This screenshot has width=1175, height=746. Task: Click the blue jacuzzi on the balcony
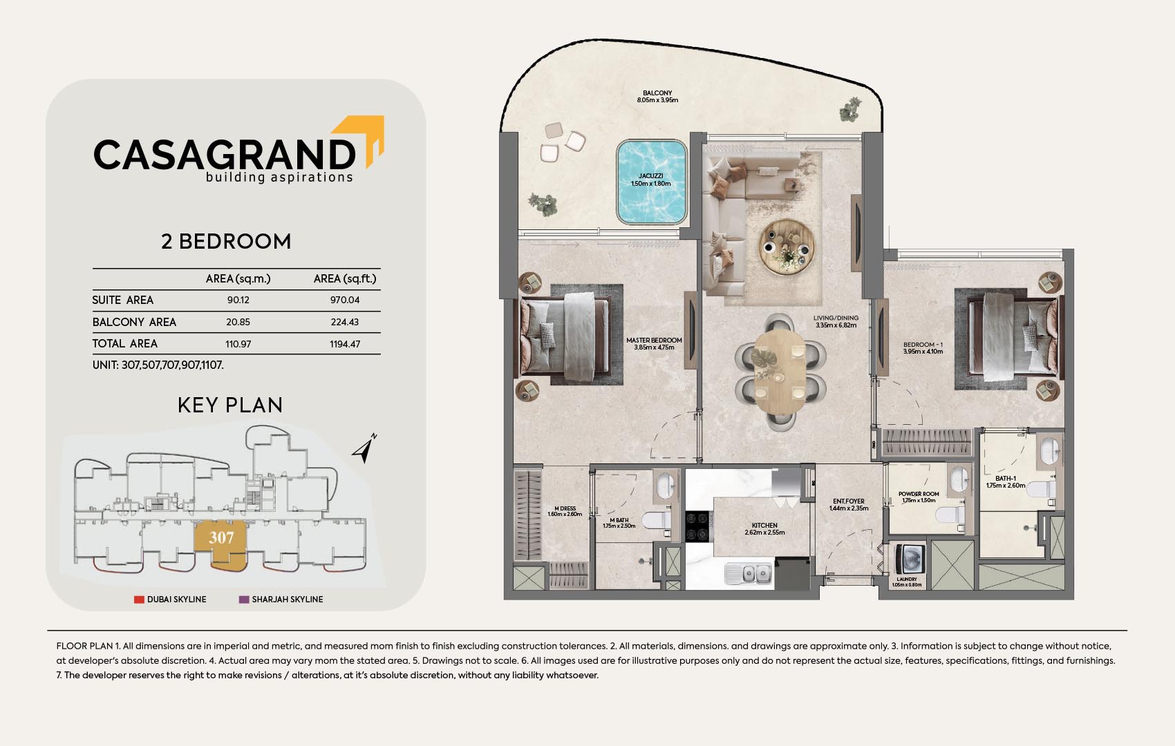[652, 182]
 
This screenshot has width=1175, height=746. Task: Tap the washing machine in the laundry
[910, 559]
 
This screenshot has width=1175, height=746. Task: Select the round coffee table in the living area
[787, 247]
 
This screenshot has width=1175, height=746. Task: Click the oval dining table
[780, 371]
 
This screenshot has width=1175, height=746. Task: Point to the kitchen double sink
[749, 574]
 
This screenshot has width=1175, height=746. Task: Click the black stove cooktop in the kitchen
[698, 526]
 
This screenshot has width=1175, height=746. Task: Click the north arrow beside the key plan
[364, 449]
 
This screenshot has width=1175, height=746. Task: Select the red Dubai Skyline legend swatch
[139, 599]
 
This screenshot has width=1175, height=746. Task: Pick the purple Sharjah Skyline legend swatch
[244, 599]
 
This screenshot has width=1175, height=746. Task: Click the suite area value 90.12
[238, 300]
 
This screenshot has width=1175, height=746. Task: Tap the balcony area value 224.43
[345, 322]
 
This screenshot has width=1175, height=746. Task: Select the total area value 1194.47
[345, 344]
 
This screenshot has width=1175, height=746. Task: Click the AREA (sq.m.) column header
[238, 279]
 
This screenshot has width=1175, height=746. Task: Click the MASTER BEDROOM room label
[654, 341]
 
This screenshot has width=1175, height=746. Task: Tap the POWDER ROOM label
[919, 494]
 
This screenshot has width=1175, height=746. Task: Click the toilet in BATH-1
[1041, 490]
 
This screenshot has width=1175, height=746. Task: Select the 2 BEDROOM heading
[226, 242]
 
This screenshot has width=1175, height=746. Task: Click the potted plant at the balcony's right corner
[849, 110]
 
